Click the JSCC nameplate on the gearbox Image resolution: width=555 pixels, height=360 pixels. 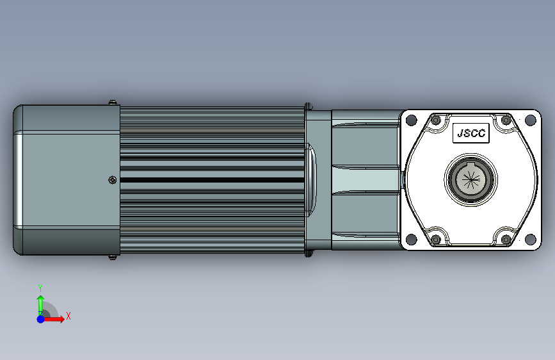[471, 133]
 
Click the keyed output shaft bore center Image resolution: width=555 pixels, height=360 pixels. [471, 179]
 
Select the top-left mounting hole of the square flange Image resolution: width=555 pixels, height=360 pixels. [412, 120]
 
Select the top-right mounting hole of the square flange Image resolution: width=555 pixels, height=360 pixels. [530, 120]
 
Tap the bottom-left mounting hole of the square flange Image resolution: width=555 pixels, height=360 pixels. [412, 239]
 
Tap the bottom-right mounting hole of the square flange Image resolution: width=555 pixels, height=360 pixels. [530, 239]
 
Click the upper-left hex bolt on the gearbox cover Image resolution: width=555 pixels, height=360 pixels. [436, 120]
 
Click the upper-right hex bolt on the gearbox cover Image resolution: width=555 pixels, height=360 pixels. [506, 120]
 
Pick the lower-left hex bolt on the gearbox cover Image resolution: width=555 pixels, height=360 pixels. [436, 240]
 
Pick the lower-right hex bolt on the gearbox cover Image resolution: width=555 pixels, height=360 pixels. [506, 240]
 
